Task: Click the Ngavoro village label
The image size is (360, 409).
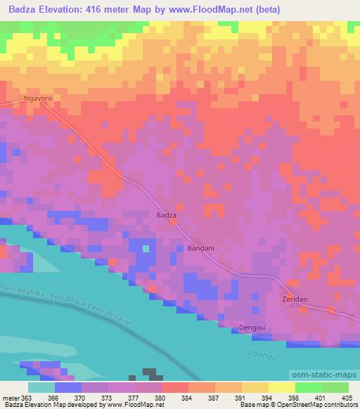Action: (38, 99)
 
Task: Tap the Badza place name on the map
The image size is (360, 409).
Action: (166, 216)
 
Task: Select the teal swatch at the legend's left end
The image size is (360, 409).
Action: (40, 387)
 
